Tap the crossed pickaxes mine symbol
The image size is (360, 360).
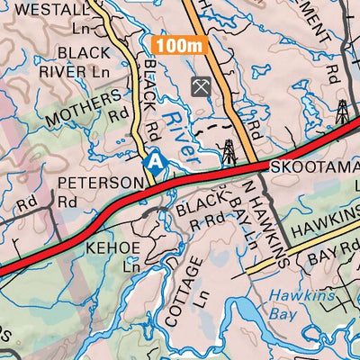tap(199, 87)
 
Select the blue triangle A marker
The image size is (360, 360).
tap(156, 163)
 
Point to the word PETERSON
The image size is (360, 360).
tap(99, 183)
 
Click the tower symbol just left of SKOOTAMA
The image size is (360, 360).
tap(229, 149)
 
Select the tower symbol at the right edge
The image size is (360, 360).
tap(342, 112)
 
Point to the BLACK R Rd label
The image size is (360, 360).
tap(201, 209)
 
